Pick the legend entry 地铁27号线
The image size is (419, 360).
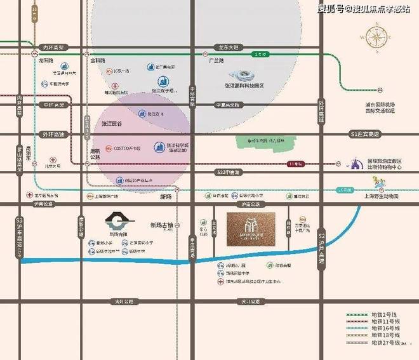pyautogui.click(x=384, y=342)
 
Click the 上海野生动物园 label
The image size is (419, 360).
pyautogui.click(x=381, y=197)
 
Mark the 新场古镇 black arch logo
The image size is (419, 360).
pyautogui.click(x=117, y=222)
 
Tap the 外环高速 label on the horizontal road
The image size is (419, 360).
pyautogui.click(x=54, y=135)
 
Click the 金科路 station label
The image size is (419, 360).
pyautogui.click(x=97, y=61)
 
